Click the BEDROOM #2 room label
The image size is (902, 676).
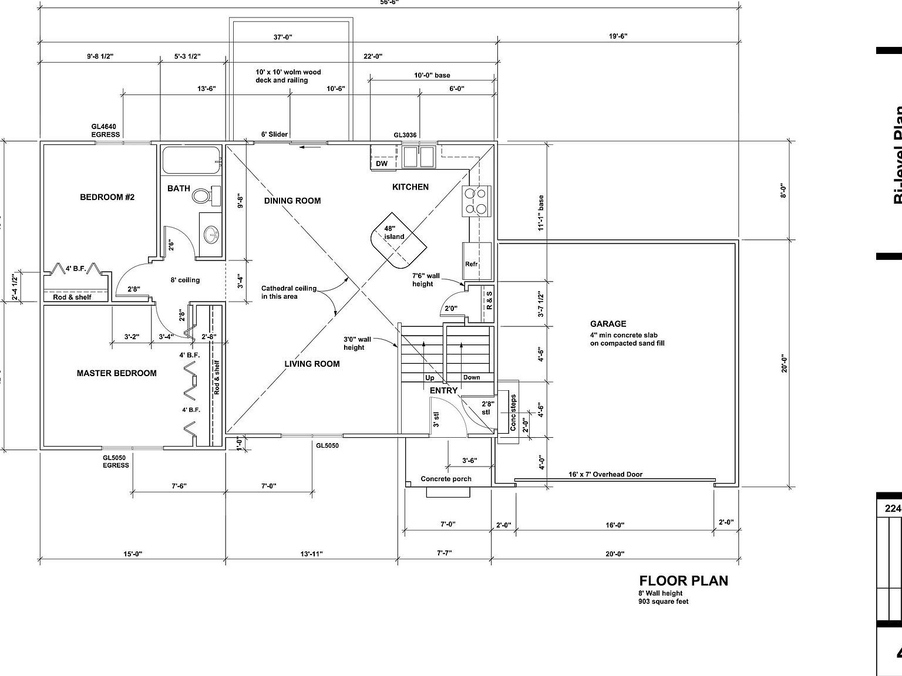pyautogui.click(x=107, y=197)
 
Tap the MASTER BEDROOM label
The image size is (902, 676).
pyautogui.click(x=116, y=373)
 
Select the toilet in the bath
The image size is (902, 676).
pyautogui.click(x=203, y=195)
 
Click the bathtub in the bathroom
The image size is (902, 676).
pyautogui.click(x=191, y=160)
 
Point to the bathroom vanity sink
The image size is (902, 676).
pyautogui.click(x=211, y=236)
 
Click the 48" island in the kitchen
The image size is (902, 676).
pyautogui.click(x=398, y=237)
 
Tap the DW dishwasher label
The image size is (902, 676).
pyautogui.click(x=382, y=164)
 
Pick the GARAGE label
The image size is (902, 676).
pyautogui.click(x=608, y=324)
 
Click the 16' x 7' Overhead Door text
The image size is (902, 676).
pyautogui.click(x=605, y=474)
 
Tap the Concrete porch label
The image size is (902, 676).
pyautogui.click(x=446, y=479)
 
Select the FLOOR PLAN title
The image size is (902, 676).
pyautogui.click(x=683, y=581)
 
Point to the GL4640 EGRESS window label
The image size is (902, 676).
pyautogui.click(x=106, y=130)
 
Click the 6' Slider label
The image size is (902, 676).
pyautogui.click(x=274, y=134)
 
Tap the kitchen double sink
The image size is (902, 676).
pyautogui.click(x=418, y=157)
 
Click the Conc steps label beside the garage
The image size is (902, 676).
pyautogui.click(x=513, y=413)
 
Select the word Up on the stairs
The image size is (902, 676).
pyautogui.click(x=430, y=378)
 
